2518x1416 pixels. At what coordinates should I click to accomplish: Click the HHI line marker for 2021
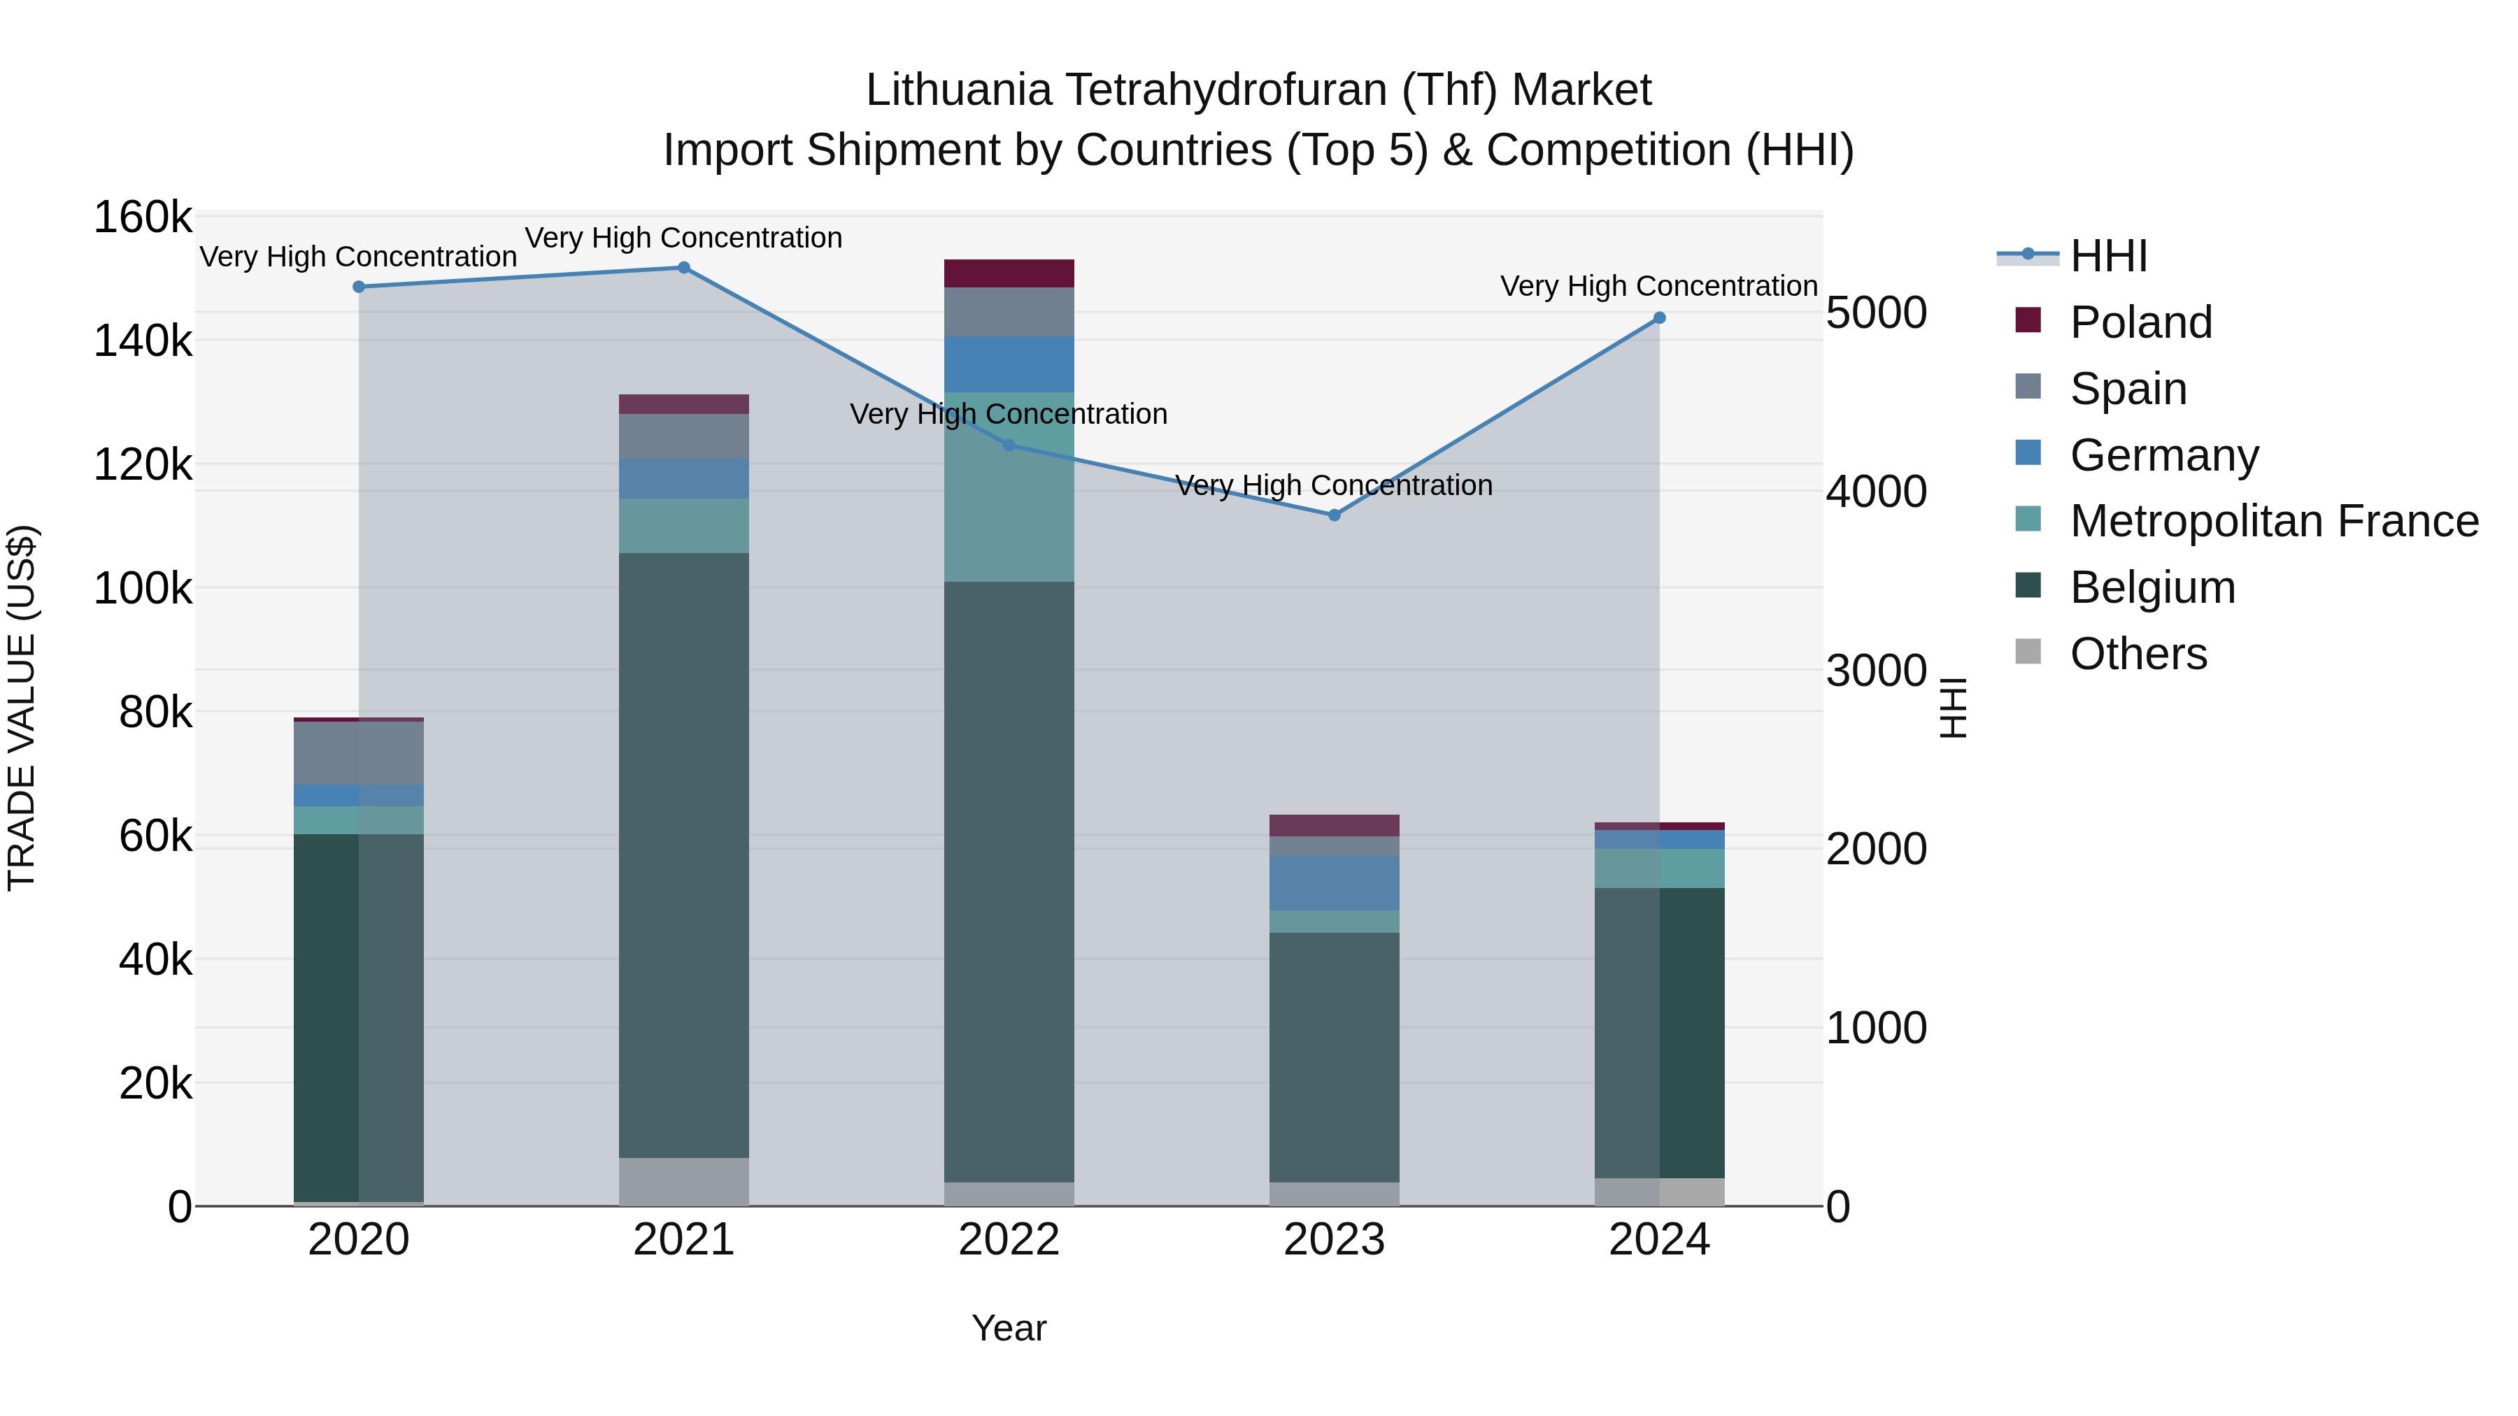pos(683,268)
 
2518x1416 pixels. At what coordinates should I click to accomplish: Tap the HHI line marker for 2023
pos(1335,515)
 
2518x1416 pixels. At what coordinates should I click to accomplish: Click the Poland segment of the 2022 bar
pos(1009,273)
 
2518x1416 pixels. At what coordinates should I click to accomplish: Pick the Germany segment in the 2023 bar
pos(1335,883)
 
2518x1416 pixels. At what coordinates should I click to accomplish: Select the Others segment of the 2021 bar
pos(683,1182)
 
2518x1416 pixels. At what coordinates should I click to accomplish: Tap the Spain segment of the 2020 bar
pos(359,752)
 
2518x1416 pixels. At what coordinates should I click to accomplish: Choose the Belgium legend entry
pos(2151,588)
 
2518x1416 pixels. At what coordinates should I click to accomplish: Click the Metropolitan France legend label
pos(2274,522)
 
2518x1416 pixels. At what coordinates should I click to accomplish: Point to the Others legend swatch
pos(2028,652)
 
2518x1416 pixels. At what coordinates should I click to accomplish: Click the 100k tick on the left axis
pos(143,589)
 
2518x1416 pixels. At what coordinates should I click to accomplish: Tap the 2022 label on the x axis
pos(1009,1240)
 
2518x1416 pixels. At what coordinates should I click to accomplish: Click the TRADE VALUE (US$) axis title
pos(22,708)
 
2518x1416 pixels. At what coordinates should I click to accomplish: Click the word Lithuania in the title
pos(958,91)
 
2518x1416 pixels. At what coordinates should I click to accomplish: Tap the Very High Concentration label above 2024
pos(1659,286)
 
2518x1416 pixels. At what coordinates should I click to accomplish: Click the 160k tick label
pos(143,218)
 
